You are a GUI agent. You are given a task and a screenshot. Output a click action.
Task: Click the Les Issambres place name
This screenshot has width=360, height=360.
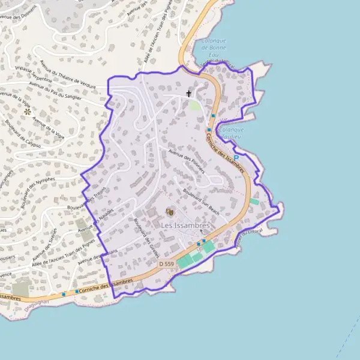[185, 225]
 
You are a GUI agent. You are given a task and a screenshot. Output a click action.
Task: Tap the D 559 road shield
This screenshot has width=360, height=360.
[167, 263]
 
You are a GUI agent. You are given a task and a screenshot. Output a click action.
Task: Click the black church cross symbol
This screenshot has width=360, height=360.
[189, 94]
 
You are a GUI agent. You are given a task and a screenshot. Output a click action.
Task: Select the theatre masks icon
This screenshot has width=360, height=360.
[169, 211]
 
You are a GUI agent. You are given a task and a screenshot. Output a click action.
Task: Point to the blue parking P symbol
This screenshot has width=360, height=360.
[236, 141]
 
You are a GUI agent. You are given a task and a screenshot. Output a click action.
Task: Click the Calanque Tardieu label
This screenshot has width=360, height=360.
[232, 133]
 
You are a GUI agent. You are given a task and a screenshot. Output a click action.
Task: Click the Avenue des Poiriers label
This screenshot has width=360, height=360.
[187, 160]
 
